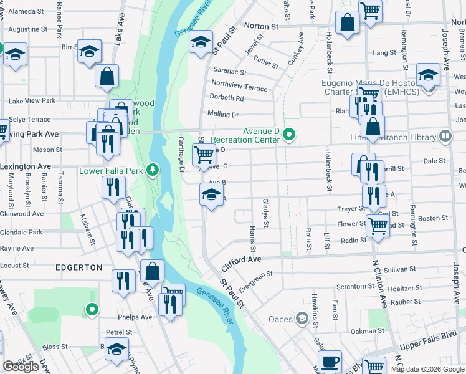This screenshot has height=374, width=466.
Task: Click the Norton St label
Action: (x=260, y=27)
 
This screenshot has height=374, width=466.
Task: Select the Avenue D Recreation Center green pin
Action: (x=289, y=134)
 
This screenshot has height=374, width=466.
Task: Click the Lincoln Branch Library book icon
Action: (x=445, y=136)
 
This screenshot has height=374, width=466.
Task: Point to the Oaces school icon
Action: (x=302, y=320)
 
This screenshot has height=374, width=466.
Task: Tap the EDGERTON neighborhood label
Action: (x=79, y=267)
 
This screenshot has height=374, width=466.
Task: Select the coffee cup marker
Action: (x=330, y=362)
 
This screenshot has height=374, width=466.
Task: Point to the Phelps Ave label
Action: (x=138, y=317)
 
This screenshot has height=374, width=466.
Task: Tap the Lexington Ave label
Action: (x=26, y=167)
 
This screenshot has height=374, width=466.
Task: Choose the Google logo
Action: (x=21, y=367)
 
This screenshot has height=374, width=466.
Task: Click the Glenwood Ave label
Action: (x=22, y=213)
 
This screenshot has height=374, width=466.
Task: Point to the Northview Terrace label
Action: (x=239, y=85)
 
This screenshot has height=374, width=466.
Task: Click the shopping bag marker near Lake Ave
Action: (x=107, y=76)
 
